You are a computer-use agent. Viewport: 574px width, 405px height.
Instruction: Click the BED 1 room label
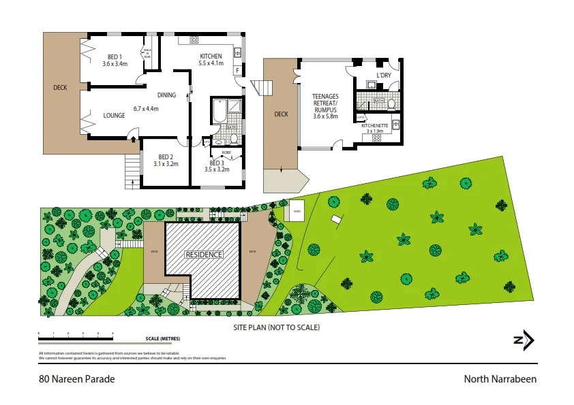tap(115, 57)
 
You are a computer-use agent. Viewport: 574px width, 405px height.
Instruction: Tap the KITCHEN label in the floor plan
tap(211, 56)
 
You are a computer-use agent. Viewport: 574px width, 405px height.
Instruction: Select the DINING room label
tap(167, 95)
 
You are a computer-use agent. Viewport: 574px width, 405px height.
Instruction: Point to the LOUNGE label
tap(114, 116)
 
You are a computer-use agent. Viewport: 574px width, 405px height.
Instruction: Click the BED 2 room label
tap(165, 157)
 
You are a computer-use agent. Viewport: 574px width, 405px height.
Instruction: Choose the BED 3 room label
tap(217, 163)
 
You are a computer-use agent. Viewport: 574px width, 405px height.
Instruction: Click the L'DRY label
tap(384, 76)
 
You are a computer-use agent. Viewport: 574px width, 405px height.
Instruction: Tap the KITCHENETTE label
tap(375, 126)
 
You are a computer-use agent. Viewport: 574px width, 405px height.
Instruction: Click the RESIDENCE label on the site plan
tap(205, 255)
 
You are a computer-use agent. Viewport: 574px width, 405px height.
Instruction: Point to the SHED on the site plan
tap(297, 210)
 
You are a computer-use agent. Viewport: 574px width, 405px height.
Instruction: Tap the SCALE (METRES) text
tap(162, 338)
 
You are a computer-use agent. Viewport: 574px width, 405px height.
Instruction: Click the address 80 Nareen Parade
tap(77, 379)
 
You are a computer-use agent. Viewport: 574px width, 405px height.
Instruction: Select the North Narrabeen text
tap(500, 379)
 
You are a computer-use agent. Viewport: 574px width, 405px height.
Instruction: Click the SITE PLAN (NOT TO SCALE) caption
tap(276, 327)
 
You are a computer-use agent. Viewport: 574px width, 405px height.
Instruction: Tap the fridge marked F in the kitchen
tap(237, 70)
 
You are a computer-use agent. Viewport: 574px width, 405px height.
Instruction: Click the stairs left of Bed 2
tap(131, 171)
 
